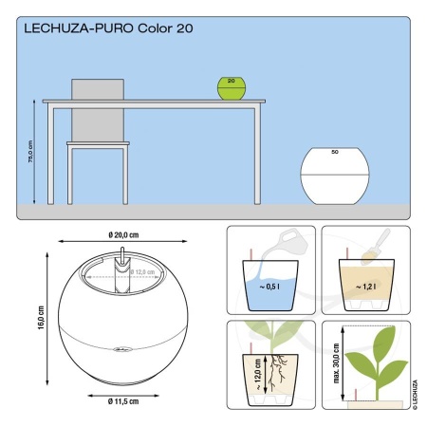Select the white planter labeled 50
[334, 175]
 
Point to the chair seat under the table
[97, 144]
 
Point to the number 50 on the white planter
[334, 152]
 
